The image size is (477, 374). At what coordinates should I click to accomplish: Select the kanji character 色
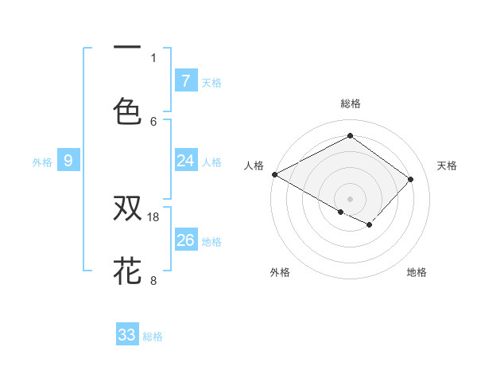coord(128,111)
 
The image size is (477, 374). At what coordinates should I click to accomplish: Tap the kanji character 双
coord(128,208)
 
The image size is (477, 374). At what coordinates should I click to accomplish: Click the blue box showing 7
coord(186,81)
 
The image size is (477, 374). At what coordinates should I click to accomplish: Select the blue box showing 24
coord(186,161)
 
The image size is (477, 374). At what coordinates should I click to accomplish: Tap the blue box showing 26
coord(186,240)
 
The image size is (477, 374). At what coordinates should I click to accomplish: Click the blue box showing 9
coord(68,161)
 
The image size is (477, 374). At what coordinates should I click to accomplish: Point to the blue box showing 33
coord(127,335)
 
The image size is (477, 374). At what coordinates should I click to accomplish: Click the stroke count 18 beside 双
coord(154,216)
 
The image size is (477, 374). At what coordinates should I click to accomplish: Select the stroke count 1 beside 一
coord(153,57)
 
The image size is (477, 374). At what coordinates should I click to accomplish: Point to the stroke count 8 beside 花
coord(153,279)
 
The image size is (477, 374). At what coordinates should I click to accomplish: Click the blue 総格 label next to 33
coord(153,337)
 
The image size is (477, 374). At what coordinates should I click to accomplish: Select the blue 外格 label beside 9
coord(42,162)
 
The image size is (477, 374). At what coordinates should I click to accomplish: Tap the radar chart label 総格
coord(350,103)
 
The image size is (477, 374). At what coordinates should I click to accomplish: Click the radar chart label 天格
coord(447,166)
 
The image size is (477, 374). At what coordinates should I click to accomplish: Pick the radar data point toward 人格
coord(274,174)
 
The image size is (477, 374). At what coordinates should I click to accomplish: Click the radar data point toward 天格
coord(410,179)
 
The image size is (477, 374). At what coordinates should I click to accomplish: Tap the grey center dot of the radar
coord(350,198)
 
